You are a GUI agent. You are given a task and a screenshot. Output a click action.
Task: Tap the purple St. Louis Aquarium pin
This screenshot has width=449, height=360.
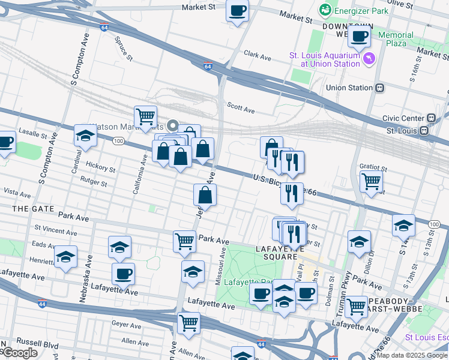pyautogui.click(x=369, y=59)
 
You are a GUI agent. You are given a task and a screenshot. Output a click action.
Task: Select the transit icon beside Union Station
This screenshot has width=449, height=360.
pyautogui.click(x=379, y=88)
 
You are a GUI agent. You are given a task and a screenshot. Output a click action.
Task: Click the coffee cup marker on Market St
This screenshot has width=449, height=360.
pyautogui.click(x=237, y=11)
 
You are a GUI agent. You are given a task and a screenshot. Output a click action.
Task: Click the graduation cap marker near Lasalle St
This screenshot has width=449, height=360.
pyautogui.click(x=85, y=136)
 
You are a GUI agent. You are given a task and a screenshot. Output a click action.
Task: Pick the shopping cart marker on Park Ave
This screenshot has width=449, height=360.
pyautogui.click(x=184, y=241)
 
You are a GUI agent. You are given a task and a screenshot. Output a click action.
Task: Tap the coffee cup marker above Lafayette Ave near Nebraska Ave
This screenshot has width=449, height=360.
pyautogui.click(x=123, y=274)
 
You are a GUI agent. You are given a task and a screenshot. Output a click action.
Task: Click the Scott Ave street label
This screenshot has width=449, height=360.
pyautogui.click(x=241, y=109)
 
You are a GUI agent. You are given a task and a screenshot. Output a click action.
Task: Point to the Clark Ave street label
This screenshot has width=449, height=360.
pyautogui.click(x=258, y=55)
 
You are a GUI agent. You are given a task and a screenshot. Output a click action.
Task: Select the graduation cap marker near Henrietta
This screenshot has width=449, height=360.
pyautogui.click(x=65, y=257)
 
